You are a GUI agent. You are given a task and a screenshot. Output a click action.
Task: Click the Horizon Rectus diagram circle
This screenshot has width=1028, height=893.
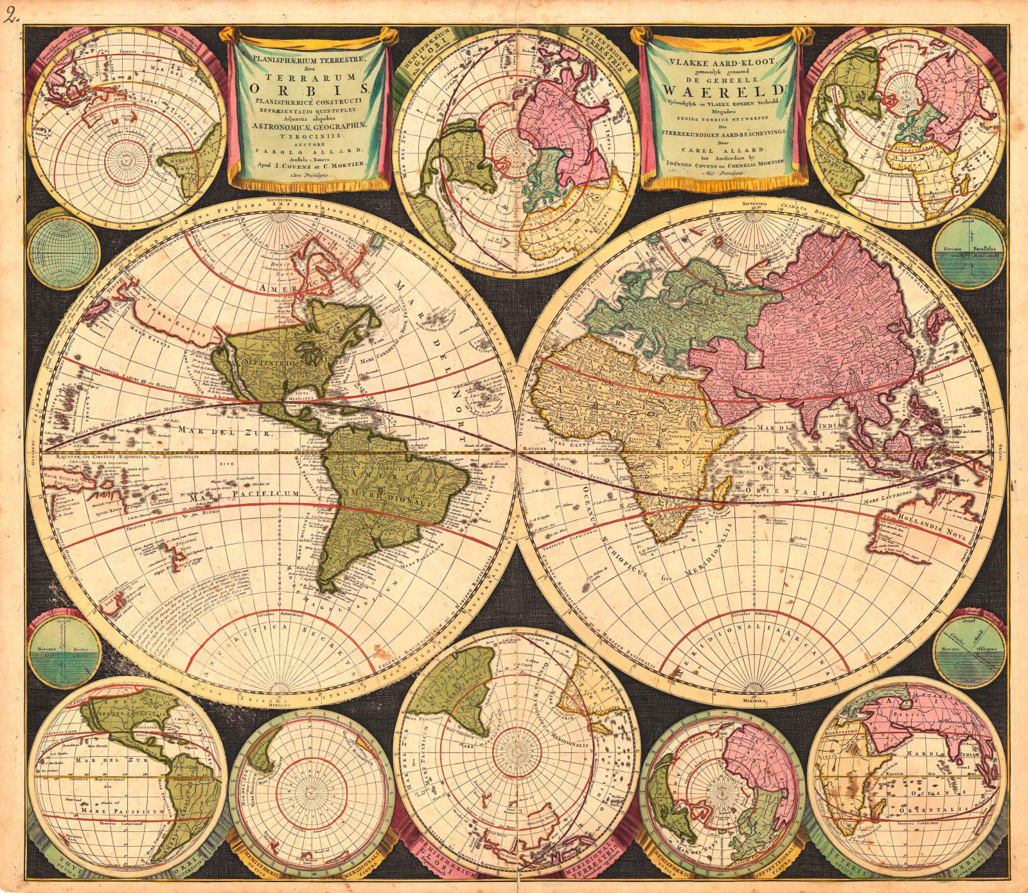64,650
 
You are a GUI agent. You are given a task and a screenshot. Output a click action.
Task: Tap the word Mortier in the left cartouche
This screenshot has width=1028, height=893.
347,164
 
